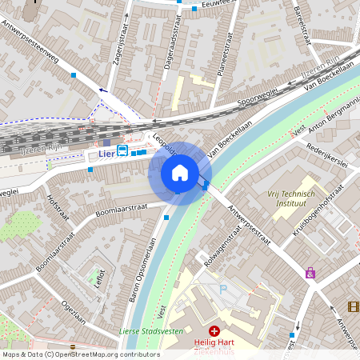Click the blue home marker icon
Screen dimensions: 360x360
point(180,173)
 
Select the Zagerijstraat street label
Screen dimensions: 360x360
point(122,43)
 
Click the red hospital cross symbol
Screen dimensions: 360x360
point(214,330)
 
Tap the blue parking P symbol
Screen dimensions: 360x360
point(224,289)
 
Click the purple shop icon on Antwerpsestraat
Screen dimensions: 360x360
point(310,273)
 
